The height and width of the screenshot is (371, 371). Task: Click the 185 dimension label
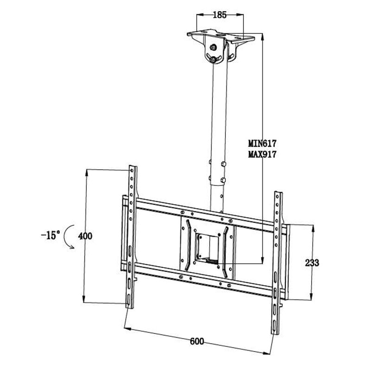pyautogui.click(x=220, y=15)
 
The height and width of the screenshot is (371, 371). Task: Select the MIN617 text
pyautogui.click(x=262, y=143)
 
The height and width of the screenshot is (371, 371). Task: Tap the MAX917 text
pyautogui.click(x=262, y=154)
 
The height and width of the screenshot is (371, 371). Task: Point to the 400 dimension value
pyautogui.click(x=85, y=236)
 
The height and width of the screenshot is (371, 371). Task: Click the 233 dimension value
pyautogui.click(x=312, y=262)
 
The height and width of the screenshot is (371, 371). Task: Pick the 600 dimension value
pyautogui.click(x=197, y=341)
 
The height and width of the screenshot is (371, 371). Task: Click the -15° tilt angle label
pyautogui.click(x=51, y=235)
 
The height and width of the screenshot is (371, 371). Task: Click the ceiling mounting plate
pyautogui.click(x=221, y=36)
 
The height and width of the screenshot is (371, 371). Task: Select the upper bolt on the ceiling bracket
pyautogui.click(x=214, y=47)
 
